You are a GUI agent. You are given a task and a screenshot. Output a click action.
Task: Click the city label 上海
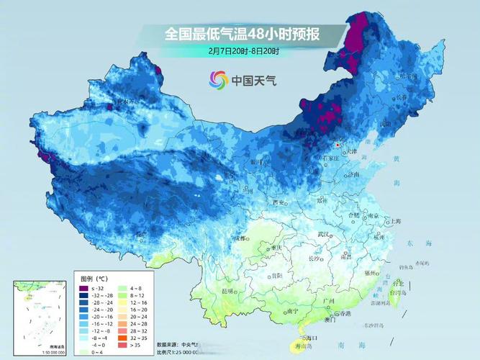(x=395, y=222)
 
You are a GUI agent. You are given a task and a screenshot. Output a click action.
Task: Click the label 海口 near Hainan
(x=310, y=337)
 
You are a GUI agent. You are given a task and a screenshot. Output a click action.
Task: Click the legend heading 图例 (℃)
(x=94, y=278)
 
